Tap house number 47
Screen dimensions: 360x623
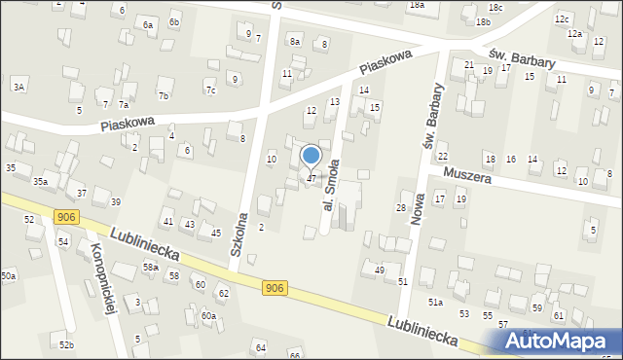pyautogui.click(x=311, y=178)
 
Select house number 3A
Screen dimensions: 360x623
pyautogui.click(x=18, y=88)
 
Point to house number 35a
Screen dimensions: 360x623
pyautogui.click(x=40, y=182)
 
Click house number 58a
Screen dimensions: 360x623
pyautogui.click(x=150, y=267)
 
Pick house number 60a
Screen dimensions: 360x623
pyautogui.click(x=208, y=315)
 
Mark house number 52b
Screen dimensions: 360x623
pyautogui.click(x=65, y=345)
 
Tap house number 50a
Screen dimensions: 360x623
pyautogui.click(x=8, y=276)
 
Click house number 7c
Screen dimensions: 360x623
pyautogui.click(x=210, y=90)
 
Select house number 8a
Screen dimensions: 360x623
pyautogui.click(x=294, y=41)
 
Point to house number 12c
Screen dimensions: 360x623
pyautogui.click(x=562, y=18)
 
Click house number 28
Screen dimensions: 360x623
pyautogui.click(x=399, y=208)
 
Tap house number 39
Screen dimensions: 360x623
pyautogui.click(x=115, y=201)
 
